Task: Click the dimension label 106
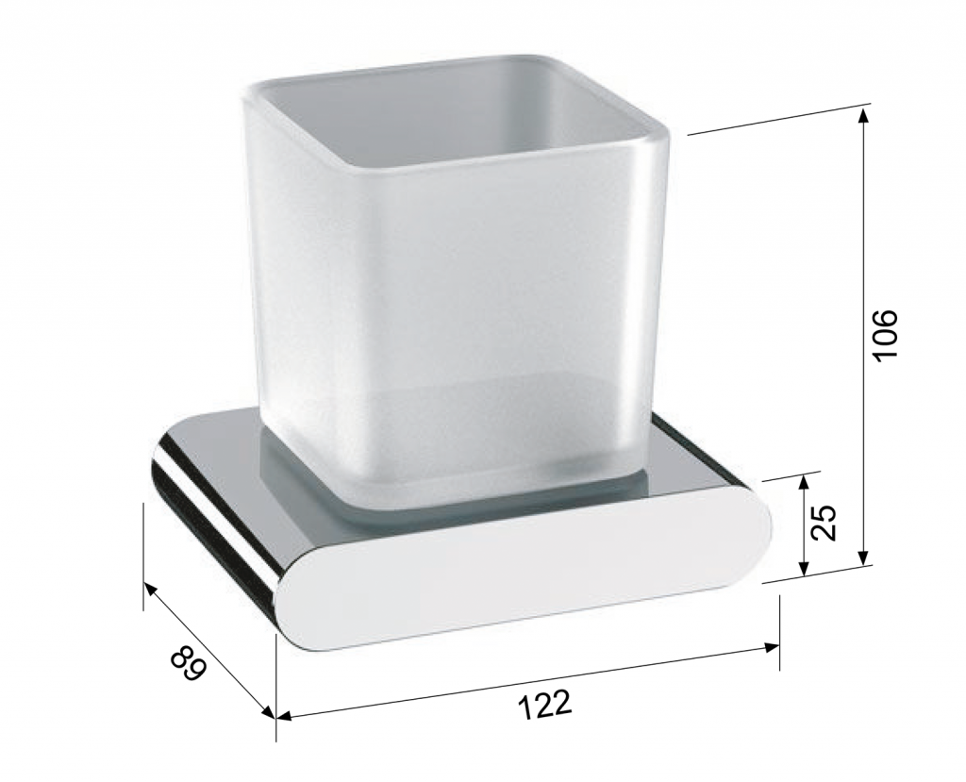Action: [887, 336]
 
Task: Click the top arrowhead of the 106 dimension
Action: [864, 115]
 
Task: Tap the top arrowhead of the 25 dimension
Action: [803, 483]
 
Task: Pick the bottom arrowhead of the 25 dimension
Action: [803, 568]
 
